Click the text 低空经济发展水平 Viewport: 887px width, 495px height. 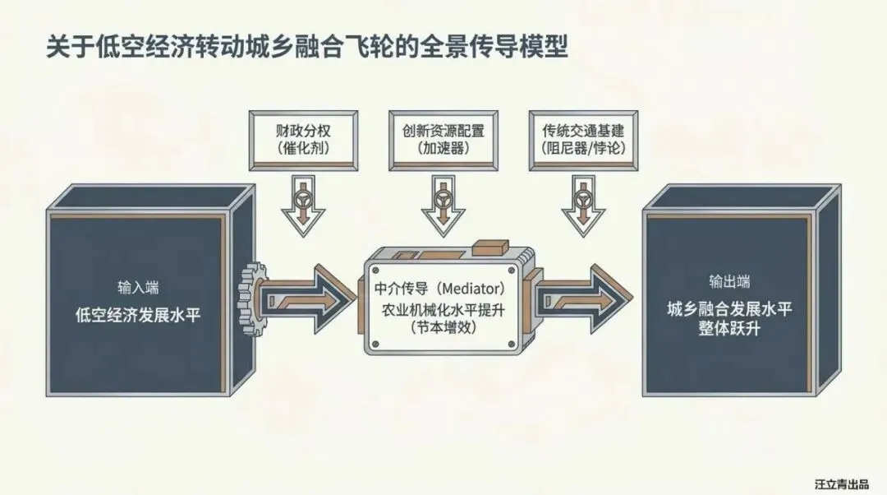pyautogui.click(x=138, y=314)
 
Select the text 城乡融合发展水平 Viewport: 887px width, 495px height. pyautogui.click(x=729, y=309)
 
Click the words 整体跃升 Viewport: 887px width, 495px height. pyautogui.click(x=729, y=329)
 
